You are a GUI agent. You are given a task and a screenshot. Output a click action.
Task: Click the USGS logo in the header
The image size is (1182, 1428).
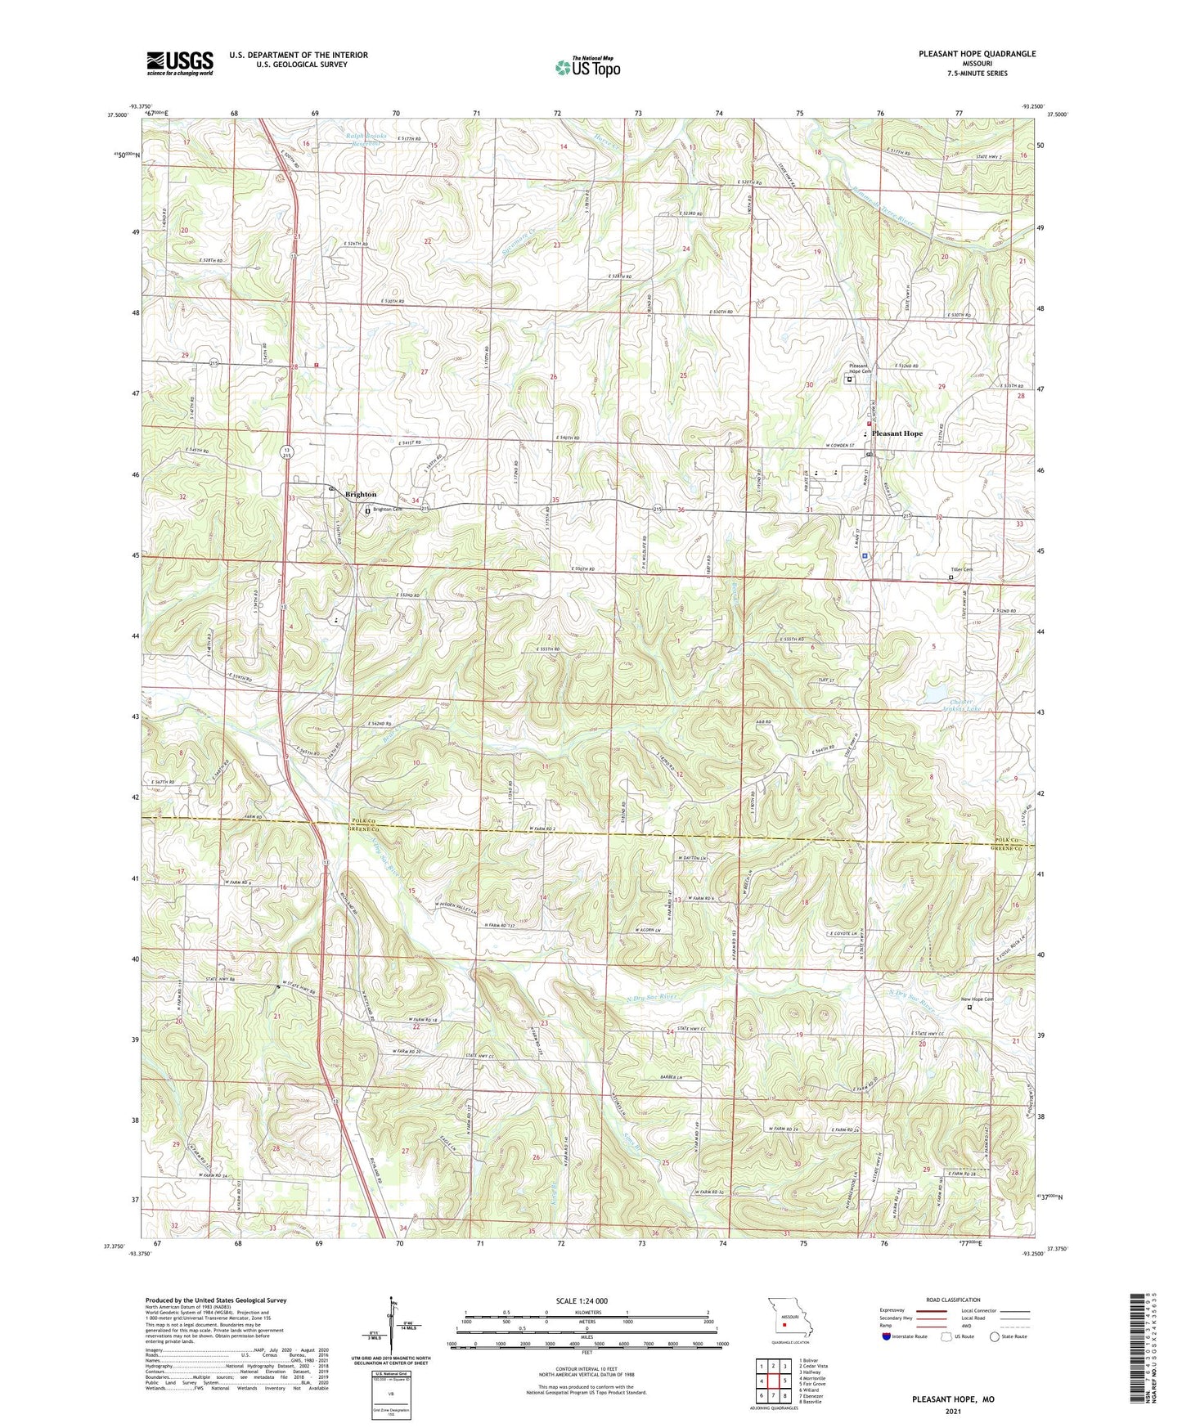(179, 63)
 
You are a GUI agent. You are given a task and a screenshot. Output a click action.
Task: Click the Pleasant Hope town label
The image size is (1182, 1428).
(897, 433)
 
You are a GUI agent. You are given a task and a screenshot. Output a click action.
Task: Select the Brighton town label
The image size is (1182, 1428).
(361, 494)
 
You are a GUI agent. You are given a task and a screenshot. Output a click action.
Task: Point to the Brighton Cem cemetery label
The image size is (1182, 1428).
(388, 510)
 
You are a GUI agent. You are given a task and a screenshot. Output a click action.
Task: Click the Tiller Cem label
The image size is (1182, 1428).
(961, 570)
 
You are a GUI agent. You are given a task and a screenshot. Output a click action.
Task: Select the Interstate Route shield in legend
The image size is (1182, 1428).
(888, 1336)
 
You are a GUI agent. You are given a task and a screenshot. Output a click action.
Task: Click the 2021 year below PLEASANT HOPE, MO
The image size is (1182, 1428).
(953, 1411)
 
